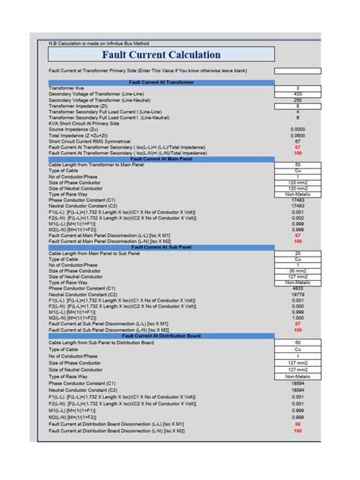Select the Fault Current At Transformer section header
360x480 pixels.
pyautogui.click(x=161, y=81)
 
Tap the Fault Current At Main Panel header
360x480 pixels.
pyautogui.click(x=161, y=159)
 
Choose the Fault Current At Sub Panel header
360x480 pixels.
pyautogui.click(x=161, y=247)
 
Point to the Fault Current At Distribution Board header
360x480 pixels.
pyautogui.click(x=161, y=336)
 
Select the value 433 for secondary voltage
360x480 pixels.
pyautogui.click(x=298, y=94)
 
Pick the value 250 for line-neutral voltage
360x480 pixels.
pyautogui.click(x=298, y=100)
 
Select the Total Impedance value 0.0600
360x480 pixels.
pyautogui.click(x=298, y=135)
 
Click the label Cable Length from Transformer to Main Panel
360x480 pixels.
pyautogui.click(x=99, y=165)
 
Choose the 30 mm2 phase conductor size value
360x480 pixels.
pyautogui.click(x=298, y=271)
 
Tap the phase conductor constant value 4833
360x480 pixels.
pyautogui.click(x=298, y=289)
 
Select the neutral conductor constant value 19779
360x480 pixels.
pyautogui.click(x=298, y=295)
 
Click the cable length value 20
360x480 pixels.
pyautogui.click(x=298, y=253)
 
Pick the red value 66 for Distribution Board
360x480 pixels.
pyautogui.click(x=298, y=425)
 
